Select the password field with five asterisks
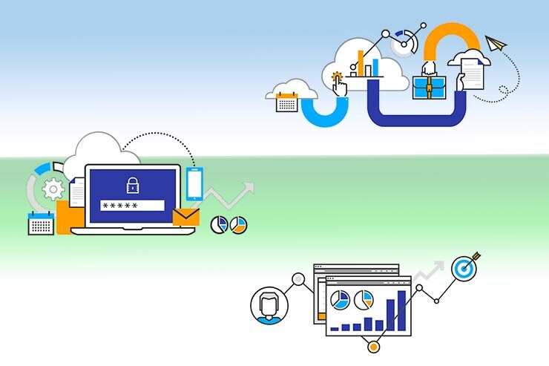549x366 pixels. (x=133, y=206)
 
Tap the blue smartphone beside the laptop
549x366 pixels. (x=194, y=185)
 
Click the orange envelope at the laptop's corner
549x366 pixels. (x=186, y=217)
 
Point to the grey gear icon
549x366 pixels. (x=53, y=190)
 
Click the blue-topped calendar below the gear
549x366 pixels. (x=42, y=223)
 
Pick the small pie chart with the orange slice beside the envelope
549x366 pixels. (x=238, y=224)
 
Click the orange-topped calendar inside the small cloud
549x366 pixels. (x=286, y=102)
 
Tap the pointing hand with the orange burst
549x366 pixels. (x=339, y=84)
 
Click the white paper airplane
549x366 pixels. (x=496, y=43)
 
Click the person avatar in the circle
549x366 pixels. (x=266, y=305)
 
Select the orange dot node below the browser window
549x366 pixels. (x=373, y=347)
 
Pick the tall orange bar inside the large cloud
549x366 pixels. (x=361, y=63)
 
